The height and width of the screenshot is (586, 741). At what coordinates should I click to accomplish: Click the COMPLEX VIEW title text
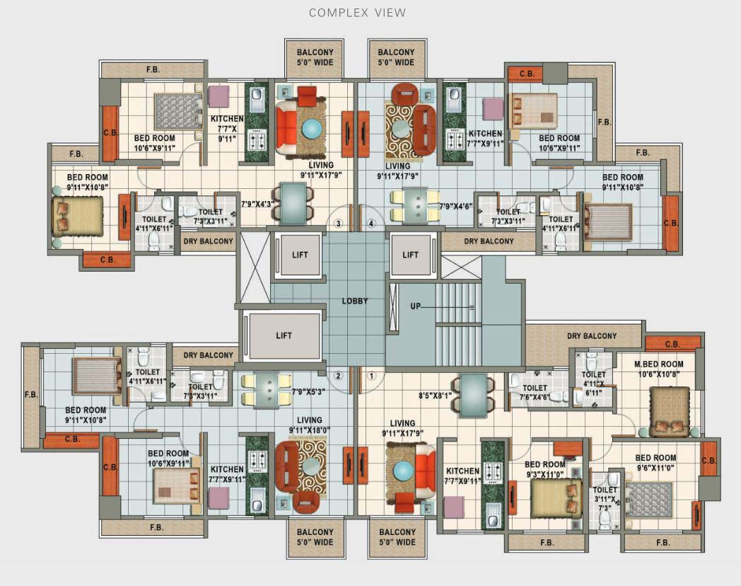357,13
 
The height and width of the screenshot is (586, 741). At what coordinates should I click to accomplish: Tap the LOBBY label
355,301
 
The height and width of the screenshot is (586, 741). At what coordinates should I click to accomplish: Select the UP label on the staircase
416,306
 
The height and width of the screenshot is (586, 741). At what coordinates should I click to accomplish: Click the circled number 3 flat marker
339,224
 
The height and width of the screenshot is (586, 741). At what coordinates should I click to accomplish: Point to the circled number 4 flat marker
371,224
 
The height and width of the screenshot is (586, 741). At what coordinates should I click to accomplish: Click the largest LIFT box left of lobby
284,335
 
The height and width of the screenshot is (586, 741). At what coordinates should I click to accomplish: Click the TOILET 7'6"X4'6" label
535,392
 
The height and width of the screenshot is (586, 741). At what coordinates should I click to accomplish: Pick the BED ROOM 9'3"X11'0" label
545,469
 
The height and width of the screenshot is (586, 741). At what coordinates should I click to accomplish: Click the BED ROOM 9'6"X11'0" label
655,462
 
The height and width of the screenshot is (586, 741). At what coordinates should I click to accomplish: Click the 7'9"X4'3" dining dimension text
258,204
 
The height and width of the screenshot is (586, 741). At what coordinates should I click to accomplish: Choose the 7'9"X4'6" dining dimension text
454,206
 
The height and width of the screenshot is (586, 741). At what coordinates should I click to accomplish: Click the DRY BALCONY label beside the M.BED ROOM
592,336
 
